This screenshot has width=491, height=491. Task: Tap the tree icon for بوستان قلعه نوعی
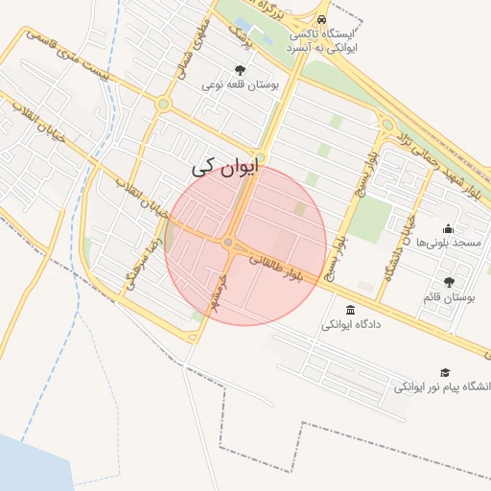tap(240, 69)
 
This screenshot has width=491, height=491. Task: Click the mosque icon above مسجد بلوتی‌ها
tap(448, 228)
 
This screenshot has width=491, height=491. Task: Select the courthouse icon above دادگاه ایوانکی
tap(348, 310)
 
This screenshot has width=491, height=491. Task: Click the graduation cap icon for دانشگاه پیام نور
tap(444, 372)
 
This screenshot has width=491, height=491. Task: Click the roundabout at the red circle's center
tap(228, 244)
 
